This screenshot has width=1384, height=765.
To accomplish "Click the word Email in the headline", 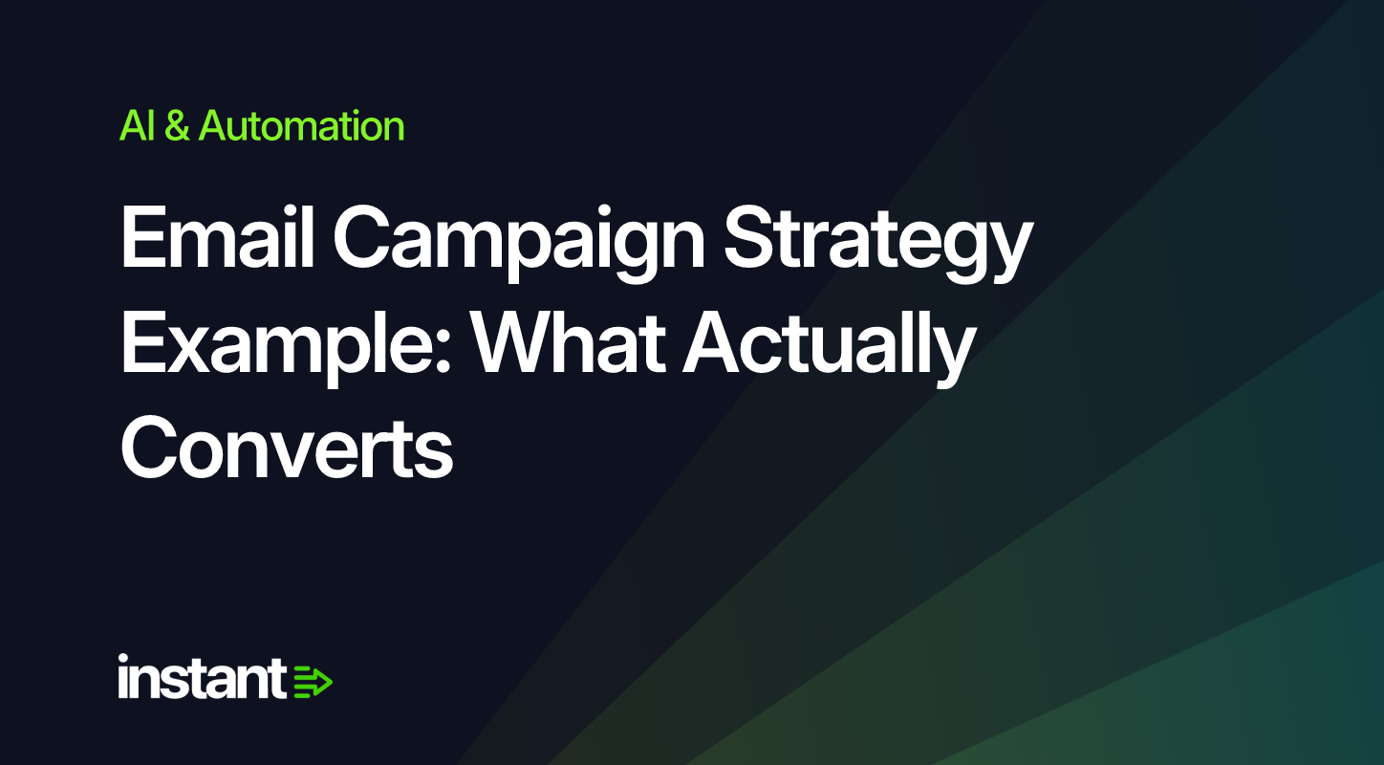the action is [x=218, y=237].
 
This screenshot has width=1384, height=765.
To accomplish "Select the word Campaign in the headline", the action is [x=519, y=244].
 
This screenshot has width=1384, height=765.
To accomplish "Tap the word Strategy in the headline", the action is [x=878, y=244].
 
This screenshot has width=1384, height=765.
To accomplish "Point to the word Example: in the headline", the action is [x=286, y=348].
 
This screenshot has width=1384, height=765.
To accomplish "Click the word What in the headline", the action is [x=568, y=341].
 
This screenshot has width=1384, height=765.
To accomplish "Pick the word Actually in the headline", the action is [x=829, y=348].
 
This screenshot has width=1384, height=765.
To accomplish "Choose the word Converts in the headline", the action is [x=288, y=448].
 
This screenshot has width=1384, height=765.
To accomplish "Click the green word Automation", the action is [x=301, y=125].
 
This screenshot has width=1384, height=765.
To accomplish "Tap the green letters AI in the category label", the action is [x=137, y=126].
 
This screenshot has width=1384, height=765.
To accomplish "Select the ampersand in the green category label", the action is [x=177, y=126].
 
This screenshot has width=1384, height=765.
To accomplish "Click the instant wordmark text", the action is [x=202, y=677].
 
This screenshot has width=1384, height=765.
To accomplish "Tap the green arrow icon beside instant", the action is [x=313, y=682].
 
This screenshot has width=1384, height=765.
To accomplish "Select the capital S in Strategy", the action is [x=749, y=237].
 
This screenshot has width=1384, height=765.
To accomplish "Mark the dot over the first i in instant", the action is [x=123, y=659].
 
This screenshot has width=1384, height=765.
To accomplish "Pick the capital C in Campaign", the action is [x=363, y=237].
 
